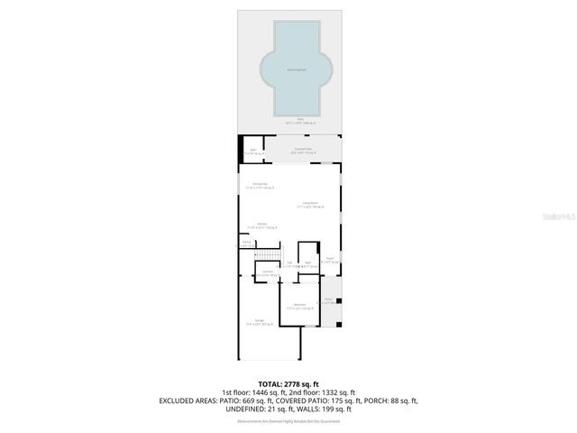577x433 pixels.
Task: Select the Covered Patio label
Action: click(303, 151)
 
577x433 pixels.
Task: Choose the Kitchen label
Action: click(261, 226)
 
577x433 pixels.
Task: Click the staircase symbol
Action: click(267, 256)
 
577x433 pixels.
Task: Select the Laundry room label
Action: click(268, 272)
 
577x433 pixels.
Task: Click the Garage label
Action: click(259, 322)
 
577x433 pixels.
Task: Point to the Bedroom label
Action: click(299, 306)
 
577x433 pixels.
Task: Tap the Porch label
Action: click(329, 300)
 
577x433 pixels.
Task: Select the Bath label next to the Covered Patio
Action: click(253, 152)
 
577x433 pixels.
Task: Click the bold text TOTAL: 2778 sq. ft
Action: click(288, 384)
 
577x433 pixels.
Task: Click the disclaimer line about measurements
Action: click(288, 421)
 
